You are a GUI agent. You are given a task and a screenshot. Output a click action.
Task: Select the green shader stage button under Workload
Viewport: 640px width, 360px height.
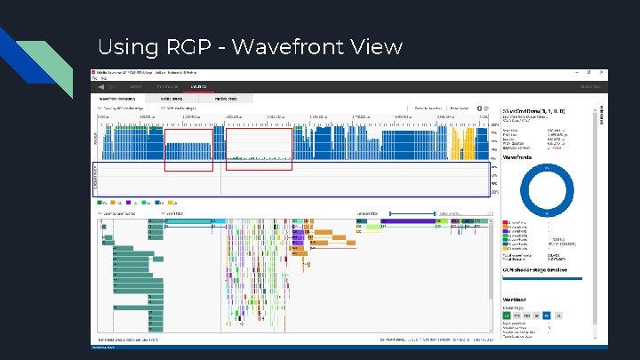(507, 315)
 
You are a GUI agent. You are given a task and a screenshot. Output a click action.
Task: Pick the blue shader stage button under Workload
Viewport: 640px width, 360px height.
(548, 315)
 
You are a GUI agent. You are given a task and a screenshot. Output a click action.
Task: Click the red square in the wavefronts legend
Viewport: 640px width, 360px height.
(506, 222)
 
